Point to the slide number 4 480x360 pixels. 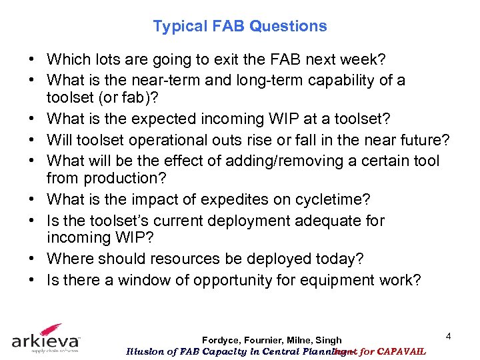click(x=449, y=337)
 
